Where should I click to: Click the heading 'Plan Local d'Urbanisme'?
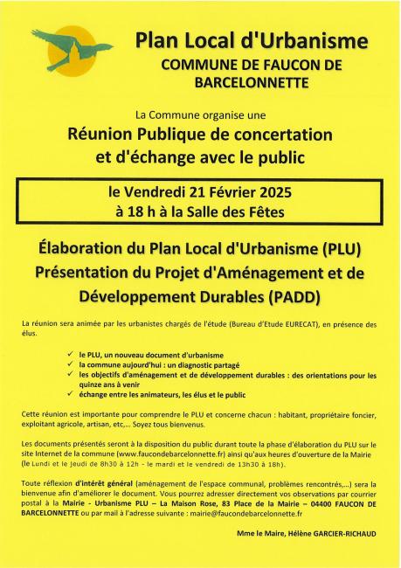pyautogui.click(x=251, y=41)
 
